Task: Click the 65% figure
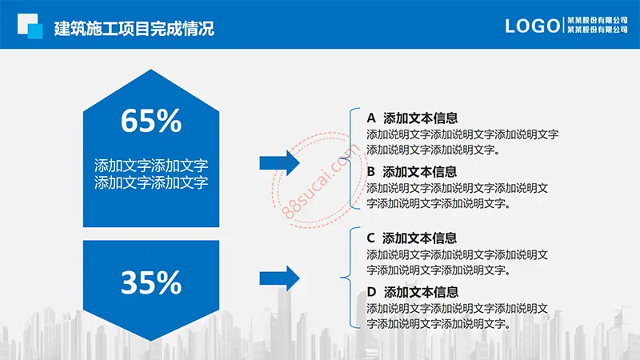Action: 151,121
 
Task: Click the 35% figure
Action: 151,282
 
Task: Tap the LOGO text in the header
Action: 532,26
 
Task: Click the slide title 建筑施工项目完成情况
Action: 134,29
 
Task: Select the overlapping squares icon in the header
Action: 30,26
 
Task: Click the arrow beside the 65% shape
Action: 279,163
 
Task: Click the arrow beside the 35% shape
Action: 279,278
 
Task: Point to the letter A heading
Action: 371,118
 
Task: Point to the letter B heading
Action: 370,171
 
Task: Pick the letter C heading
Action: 370,238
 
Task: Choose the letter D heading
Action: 371,292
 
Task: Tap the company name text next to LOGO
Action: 598,25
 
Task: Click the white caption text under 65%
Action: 151,174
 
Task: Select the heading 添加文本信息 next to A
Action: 421,118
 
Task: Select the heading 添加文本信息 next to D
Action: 421,292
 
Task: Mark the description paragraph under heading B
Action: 457,196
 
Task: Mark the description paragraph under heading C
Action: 457,262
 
